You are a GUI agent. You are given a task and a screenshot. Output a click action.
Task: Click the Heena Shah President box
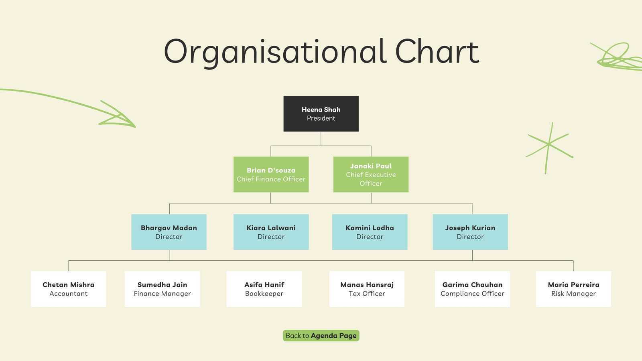point(321,114)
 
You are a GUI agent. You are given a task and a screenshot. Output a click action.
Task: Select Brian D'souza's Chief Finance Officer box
point(271,174)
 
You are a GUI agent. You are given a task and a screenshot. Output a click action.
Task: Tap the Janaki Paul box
point(371,174)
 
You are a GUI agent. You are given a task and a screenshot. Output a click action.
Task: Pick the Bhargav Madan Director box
point(169,232)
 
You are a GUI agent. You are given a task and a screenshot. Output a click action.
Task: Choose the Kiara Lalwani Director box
point(271,232)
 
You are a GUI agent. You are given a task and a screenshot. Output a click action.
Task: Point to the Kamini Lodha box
point(370,232)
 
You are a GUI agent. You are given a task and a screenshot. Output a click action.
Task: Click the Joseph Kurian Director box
point(470,232)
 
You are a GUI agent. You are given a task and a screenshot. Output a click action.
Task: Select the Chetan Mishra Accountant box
point(69,289)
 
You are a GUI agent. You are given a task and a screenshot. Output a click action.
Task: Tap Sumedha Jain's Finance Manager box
point(162,289)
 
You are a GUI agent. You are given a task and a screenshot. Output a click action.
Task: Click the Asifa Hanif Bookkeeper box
point(264,289)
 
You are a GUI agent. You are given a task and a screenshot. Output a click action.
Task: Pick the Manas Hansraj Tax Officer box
point(367,289)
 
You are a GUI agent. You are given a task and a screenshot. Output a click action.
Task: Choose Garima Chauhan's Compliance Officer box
point(472,289)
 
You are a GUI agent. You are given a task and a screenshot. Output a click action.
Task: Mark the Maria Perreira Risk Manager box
point(573,289)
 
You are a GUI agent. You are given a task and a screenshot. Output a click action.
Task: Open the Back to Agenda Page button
point(321,335)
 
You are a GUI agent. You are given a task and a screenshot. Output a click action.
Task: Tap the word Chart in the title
point(437,52)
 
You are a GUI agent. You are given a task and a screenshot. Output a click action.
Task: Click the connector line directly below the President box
point(321,139)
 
